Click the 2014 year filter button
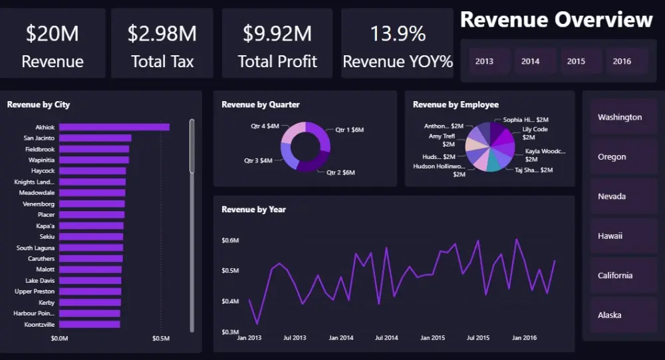point(531,61)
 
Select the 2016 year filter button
point(622,61)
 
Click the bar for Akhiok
point(114,127)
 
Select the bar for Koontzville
point(89,324)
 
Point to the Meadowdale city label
point(37,193)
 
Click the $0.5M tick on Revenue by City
point(162,338)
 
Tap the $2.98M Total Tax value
point(162,33)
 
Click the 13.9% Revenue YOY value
point(398,33)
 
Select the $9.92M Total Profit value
point(277,33)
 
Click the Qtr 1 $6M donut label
point(349,130)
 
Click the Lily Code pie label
point(535,129)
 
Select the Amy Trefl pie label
point(442,136)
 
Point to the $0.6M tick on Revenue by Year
point(230,240)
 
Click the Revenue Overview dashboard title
point(556,20)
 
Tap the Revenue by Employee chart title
point(456,104)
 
